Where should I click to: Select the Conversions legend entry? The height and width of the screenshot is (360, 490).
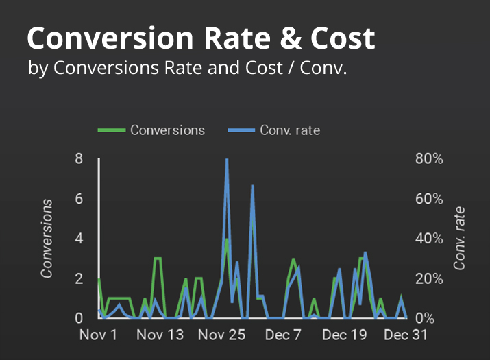(167, 130)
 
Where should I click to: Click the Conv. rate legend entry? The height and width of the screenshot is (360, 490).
(290, 130)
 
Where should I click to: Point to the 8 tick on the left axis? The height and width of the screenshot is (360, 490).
(79, 158)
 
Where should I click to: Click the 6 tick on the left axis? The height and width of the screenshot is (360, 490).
(79, 199)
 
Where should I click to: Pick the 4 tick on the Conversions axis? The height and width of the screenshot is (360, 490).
(79, 239)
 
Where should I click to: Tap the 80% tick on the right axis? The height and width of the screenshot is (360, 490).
(430, 158)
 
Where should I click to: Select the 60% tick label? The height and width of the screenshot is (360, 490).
(430, 199)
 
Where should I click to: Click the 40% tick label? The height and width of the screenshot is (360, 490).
(430, 239)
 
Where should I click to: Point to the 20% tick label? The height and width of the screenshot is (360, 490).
(430, 279)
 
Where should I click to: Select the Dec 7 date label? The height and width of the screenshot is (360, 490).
(284, 335)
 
